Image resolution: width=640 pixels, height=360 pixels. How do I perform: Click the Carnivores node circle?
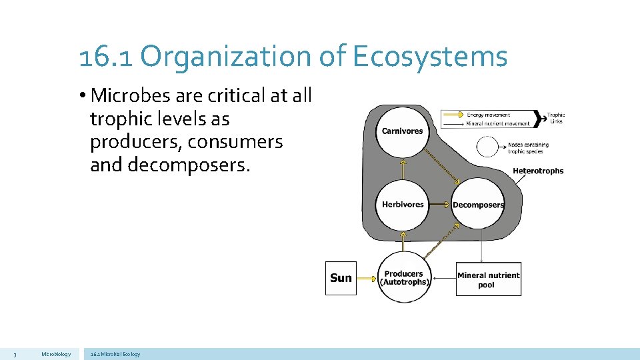pyautogui.click(x=402, y=131)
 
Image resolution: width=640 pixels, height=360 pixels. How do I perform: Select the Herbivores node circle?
pyautogui.click(x=403, y=204)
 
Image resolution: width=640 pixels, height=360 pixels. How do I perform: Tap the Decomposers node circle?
pyautogui.click(x=478, y=204)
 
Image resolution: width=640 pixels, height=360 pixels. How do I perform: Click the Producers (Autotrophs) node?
pyautogui.click(x=404, y=277)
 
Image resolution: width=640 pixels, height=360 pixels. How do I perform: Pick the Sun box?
pyautogui.click(x=341, y=278)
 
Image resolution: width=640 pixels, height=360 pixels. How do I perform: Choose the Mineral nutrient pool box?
pyautogui.click(x=488, y=279)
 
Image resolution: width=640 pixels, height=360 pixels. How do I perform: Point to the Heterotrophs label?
pyautogui.click(x=538, y=171)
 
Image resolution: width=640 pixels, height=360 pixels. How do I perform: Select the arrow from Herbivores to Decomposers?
pyautogui.click(x=440, y=204)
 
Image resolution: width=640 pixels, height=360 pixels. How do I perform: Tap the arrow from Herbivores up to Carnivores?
pyautogui.click(x=403, y=169)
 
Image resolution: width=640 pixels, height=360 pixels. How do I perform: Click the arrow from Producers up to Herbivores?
pyautogui.click(x=403, y=241)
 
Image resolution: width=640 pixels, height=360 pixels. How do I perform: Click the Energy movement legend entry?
pyautogui.click(x=488, y=115)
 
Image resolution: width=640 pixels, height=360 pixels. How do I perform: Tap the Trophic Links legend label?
pyautogui.click(x=555, y=118)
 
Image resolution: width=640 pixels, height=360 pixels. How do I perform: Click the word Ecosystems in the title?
pyautogui.click(x=430, y=57)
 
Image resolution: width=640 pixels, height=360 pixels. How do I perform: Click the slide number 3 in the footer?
pyautogui.click(x=15, y=354)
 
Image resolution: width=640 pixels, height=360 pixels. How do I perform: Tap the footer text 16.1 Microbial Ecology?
pyautogui.click(x=115, y=354)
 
